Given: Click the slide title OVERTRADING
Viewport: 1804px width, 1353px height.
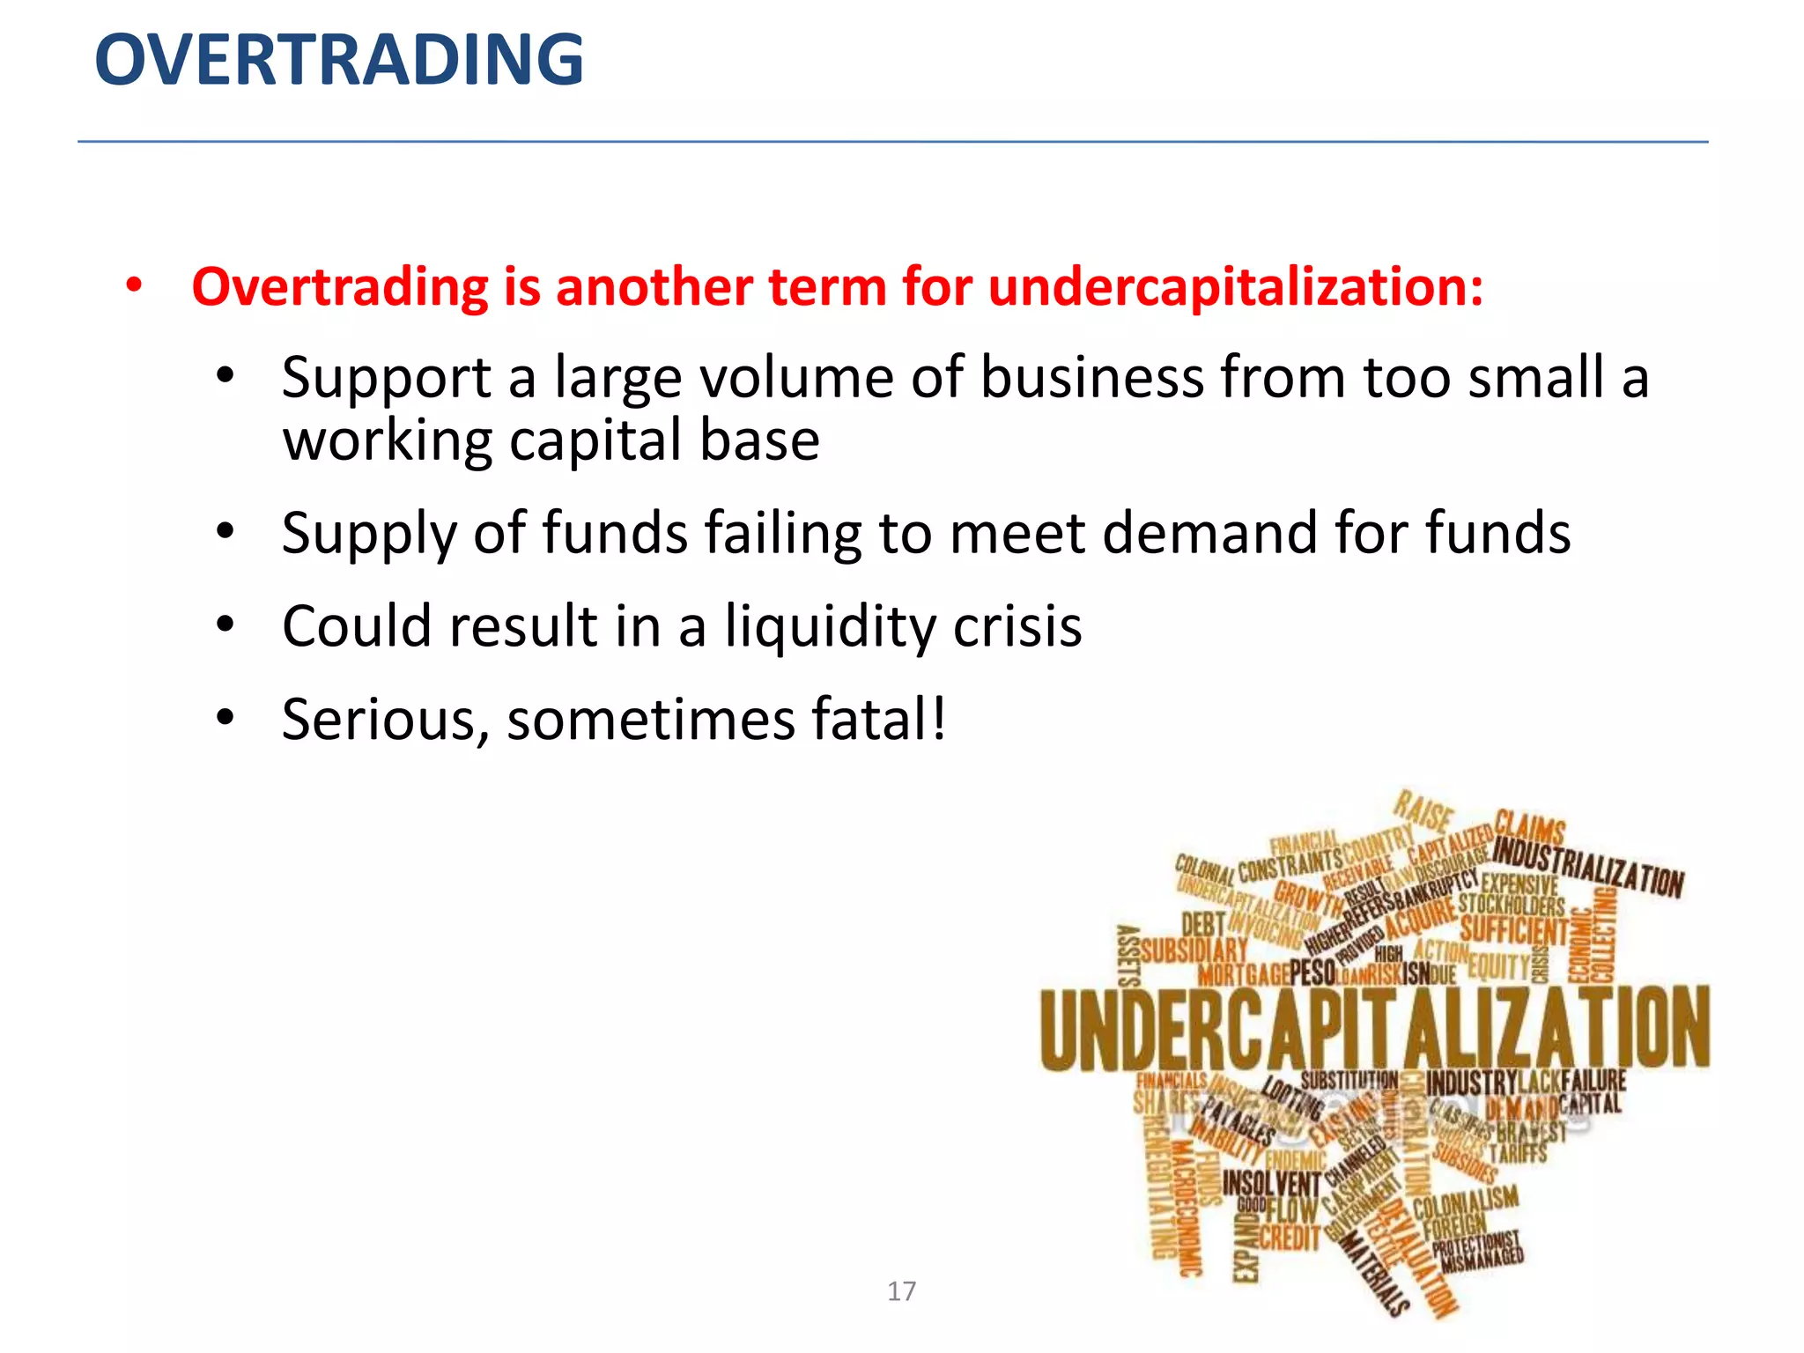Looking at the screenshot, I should [x=339, y=60].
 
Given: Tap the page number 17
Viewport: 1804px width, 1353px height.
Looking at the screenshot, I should [x=901, y=1291].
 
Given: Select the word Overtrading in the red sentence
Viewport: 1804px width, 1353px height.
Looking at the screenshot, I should [x=339, y=287].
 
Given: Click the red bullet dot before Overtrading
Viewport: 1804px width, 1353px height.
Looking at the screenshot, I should [x=133, y=286].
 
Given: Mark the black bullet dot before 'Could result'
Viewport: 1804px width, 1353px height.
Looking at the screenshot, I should [x=225, y=625].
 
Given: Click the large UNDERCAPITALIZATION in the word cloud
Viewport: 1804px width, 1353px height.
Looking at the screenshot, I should [x=1374, y=1029].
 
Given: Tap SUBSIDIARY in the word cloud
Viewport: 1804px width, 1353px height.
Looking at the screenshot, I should [x=1194, y=950].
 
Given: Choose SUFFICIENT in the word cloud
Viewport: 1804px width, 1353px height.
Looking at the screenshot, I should [x=1514, y=930].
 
